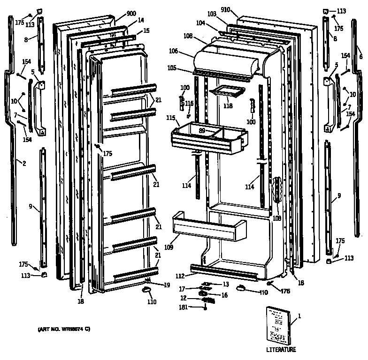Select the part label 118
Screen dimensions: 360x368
pyautogui.click(x=228, y=106)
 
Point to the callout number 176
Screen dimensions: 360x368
pyautogui.click(x=284, y=291)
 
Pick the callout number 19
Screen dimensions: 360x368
pyautogui.click(x=167, y=285)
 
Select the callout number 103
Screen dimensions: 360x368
pyautogui.click(x=212, y=15)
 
